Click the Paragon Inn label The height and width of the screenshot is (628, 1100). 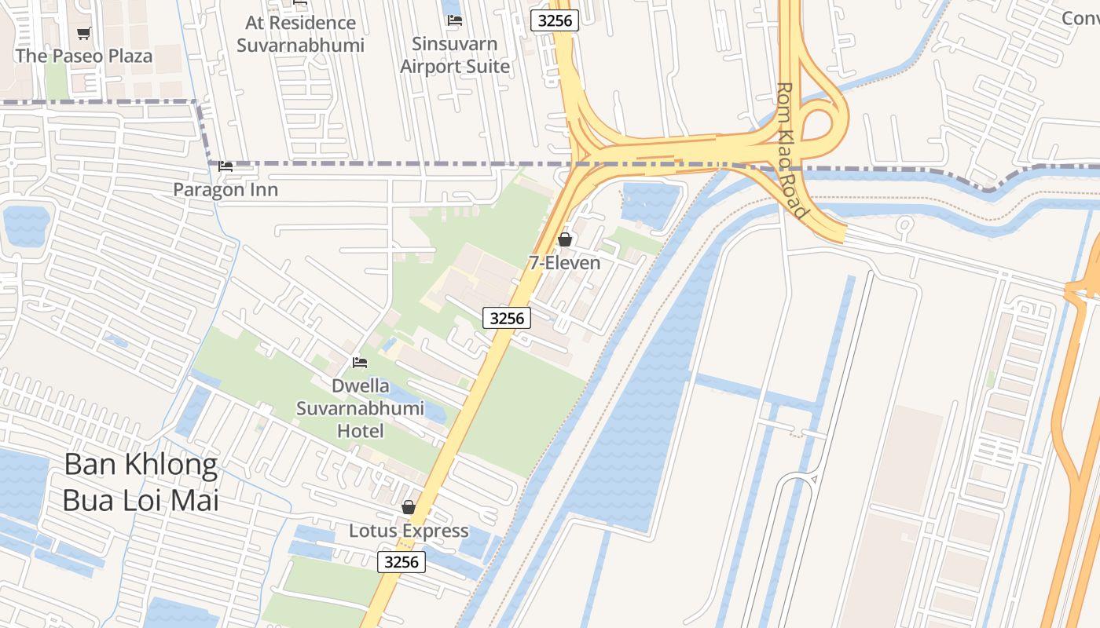[x=225, y=190]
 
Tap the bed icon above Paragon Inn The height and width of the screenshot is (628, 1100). [x=225, y=166]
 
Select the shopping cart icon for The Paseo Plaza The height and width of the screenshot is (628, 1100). [x=84, y=33]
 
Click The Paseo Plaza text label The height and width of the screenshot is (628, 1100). [x=84, y=56]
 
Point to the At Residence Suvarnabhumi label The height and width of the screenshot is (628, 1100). [x=301, y=34]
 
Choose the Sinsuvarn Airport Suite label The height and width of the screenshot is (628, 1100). [x=455, y=55]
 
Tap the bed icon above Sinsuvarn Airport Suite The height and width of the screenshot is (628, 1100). [x=455, y=20]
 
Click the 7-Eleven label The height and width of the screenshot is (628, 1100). [x=564, y=263]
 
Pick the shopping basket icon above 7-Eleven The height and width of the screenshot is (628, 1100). [x=564, y=239]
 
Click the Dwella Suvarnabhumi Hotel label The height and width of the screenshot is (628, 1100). [x=361, y=408]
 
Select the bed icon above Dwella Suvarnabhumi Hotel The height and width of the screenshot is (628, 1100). [x=360, y=362]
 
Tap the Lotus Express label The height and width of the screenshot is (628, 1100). [x=409, y=531]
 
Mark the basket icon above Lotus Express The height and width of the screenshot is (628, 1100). [x=409, y=507]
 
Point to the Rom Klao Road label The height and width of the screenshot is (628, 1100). [x=791, y=151]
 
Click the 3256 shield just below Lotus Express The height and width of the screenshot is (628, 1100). [x=401, y=562]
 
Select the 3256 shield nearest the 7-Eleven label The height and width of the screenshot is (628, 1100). [x=507, y=318]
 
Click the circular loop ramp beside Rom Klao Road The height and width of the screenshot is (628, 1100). [x=822, y=122]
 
